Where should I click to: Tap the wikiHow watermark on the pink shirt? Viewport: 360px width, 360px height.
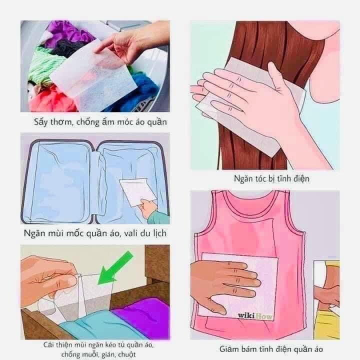(x=255, y=315)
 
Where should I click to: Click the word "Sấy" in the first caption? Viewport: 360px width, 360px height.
(x=40, y=122)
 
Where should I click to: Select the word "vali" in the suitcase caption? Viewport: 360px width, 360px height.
(x=131, y=233)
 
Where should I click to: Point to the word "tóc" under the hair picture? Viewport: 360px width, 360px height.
(x=259, y=178)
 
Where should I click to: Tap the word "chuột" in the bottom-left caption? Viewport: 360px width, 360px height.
(x=126, y=354)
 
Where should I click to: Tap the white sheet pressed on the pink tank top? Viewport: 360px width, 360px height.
(x=239, y=286)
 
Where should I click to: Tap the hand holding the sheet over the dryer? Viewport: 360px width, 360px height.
(x=128, y=43)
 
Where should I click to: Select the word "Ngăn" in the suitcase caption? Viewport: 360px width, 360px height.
(x=34, y=233)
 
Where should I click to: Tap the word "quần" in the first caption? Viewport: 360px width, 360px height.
(x=157, y=122)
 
